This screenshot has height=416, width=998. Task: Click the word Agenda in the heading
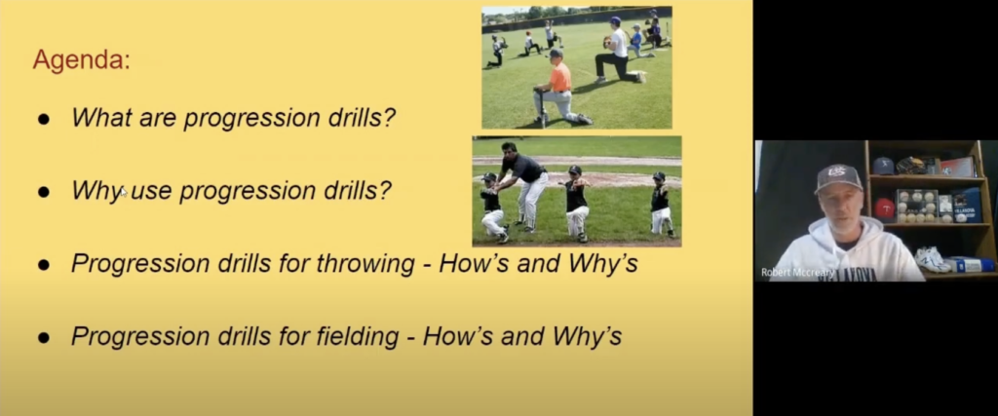[81, 61]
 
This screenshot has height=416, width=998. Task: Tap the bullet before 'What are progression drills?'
[43, 119]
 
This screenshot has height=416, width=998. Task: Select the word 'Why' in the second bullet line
[96, 191]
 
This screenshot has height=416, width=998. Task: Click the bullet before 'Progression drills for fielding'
[43, 338]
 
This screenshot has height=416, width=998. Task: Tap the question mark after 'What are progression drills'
[389, 118]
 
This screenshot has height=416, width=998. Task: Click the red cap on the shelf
[884, 208]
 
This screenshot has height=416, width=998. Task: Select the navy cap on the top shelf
[883, 166]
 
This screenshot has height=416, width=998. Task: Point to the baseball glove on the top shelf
[910, 166]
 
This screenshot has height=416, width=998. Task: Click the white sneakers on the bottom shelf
[933, 259]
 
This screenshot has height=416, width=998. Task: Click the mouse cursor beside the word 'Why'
[124, 192]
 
